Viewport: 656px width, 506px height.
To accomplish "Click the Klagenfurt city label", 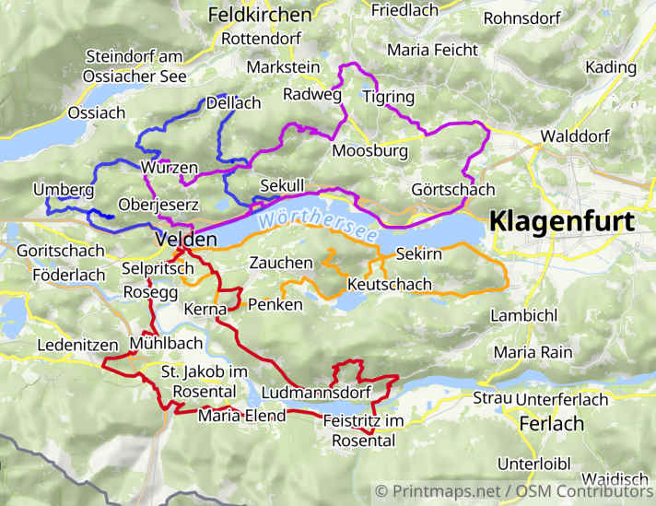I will point(562,221).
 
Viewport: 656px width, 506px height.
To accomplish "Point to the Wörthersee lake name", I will point(318,222).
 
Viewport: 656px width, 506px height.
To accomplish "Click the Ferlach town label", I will point(552,424).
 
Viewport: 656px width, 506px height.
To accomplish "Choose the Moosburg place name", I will point(369,149).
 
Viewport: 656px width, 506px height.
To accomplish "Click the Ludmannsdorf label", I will point(316,393).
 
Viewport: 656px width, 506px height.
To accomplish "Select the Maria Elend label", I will point(241,416).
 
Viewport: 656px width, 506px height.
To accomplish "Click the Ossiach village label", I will point(97,112).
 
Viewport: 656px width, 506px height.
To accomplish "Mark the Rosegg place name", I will point(149,292).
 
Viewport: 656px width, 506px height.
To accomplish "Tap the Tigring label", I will point(389,96).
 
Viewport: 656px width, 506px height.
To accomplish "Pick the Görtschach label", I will point(451,190).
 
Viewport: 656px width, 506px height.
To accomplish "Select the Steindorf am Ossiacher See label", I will point(135,65).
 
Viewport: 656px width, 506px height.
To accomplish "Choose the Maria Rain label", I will point(533,352).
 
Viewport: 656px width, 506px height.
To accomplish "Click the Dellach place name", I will point(234,103).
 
